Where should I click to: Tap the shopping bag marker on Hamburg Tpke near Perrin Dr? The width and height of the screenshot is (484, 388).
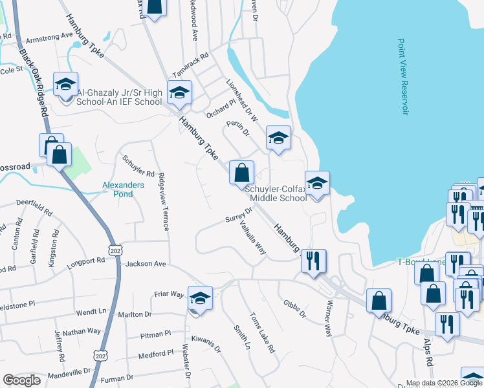241,173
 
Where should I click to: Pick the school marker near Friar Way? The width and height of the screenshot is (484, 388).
200,299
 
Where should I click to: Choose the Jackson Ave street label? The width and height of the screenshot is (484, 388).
146,264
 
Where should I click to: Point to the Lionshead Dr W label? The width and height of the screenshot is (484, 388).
242,101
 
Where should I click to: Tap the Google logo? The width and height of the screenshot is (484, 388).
21,380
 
